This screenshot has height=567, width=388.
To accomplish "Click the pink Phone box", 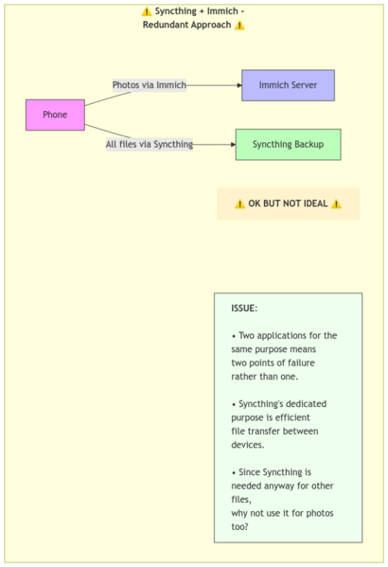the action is tap(55, 115).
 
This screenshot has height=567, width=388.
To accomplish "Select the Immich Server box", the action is tap(288, 85).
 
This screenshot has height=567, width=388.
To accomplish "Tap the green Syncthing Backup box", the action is tap(288, 144).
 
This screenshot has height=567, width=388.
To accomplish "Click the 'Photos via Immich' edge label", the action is tap(150, 85).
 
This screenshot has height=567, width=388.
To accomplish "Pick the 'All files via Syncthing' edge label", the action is tap(150, 144).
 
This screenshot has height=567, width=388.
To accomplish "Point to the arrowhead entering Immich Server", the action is tap(239, 85).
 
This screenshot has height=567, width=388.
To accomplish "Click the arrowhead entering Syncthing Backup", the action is tap(233, 144).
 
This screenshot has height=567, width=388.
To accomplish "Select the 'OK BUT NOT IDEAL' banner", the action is tap(288, 204).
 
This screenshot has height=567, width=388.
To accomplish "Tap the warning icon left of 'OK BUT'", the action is tap(239, 204).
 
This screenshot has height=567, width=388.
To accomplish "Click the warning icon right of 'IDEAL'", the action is tap(336, 204).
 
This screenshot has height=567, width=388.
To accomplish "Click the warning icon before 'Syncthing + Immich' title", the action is tap(147, 11).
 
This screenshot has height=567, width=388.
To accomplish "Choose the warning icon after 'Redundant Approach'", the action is tap(239, 26).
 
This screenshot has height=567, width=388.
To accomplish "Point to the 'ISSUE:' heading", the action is tap(244, 309).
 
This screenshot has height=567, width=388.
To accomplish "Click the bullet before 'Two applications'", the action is tap(234, 336).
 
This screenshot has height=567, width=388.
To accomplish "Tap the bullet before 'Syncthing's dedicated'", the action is tap(234, 404).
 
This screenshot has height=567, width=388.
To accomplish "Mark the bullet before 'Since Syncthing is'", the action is tap(234, 473).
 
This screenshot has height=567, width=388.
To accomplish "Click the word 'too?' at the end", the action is tap(239, 527).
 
